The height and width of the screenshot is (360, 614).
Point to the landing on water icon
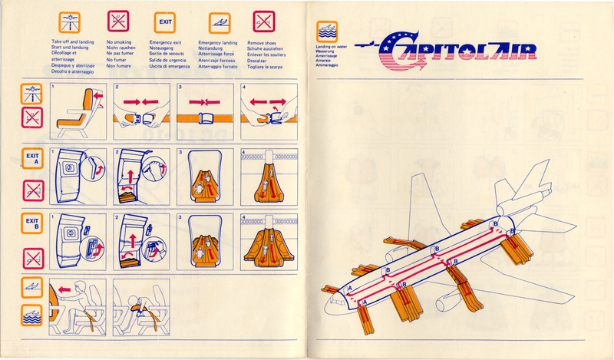tap(326, 31)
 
